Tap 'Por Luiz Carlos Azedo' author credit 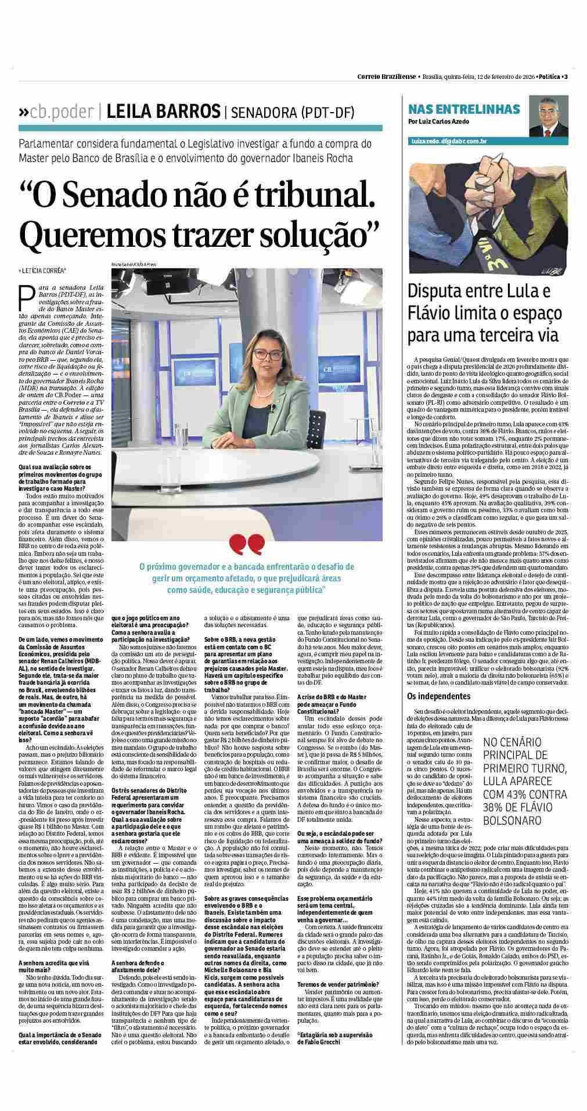tap(438, 121)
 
